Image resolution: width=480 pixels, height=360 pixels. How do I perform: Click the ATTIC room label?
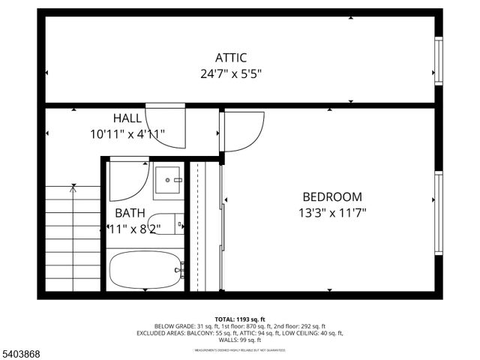coord(231,58)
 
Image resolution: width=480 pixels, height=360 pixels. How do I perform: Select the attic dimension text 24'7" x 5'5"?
coord(231,73)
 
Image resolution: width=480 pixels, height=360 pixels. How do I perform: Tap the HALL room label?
coord(127,118)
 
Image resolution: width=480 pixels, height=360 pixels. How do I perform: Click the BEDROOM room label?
coord(331,196)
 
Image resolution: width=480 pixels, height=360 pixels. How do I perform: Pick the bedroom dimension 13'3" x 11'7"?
coord(331,212)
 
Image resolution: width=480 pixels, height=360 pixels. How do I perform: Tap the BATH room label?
coord(129,213)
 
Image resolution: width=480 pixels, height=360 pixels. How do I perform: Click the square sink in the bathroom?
coord(169,180)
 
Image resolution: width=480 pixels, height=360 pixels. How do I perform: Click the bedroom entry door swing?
coord(241,131)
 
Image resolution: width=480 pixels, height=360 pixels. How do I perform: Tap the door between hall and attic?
coord(163,126)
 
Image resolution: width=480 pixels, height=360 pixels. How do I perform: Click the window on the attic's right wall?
coord(439,61)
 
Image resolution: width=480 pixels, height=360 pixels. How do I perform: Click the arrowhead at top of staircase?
coord(73,189)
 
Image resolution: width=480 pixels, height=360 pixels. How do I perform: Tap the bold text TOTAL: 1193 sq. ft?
coord(240,319)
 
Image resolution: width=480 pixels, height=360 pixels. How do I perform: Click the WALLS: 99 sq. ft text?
coord(240,340)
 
